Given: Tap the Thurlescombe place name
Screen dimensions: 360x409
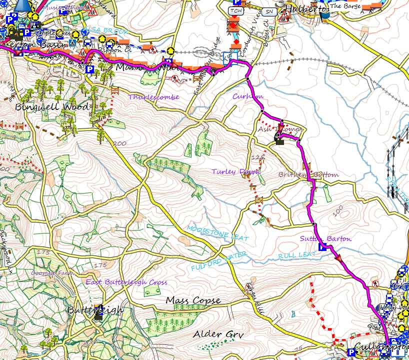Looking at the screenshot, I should click(153, 97).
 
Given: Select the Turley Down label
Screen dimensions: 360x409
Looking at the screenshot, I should click(236, 171).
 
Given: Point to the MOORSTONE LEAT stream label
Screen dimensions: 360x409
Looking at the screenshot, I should click(217, 233).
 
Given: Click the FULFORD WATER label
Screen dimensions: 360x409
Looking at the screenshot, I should click(218, 260).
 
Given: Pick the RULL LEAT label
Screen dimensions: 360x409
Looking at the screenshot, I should click(297, 255).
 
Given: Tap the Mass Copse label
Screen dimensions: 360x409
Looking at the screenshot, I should click(193, 300).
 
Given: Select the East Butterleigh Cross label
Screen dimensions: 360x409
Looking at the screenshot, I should click(126, 282).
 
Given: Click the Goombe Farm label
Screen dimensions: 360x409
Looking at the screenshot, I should click(49, 273).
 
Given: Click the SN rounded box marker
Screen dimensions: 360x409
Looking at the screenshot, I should click(269, 10).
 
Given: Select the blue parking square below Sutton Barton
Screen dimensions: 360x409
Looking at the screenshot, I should click(322, 247).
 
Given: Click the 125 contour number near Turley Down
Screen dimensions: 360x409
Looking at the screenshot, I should click(257, 157).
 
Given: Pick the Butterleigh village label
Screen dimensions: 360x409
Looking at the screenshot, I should click(95, 310).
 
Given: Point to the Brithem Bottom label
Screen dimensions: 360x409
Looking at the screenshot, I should click(308, 174).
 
